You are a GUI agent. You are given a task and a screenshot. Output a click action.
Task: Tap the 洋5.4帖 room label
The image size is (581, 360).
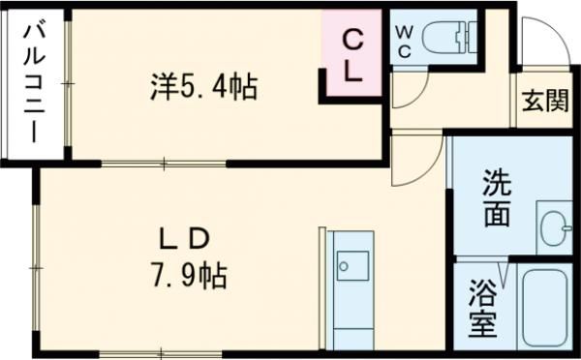click(202, 88)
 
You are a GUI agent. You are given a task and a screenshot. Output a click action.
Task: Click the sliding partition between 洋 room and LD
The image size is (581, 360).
click(164, 164)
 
